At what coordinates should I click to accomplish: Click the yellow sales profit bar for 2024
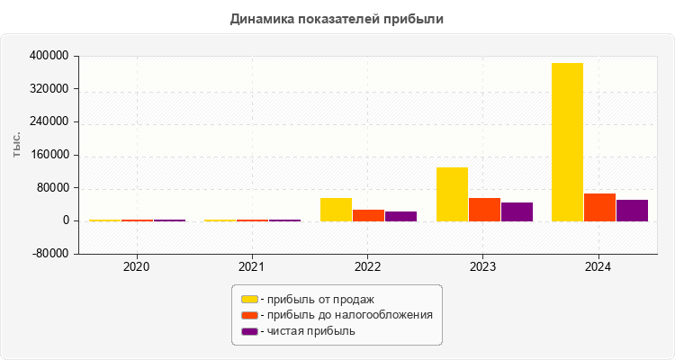coord(567,141)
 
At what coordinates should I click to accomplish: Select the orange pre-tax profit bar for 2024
coord(599,207)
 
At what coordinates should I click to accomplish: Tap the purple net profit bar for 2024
coord(632,210)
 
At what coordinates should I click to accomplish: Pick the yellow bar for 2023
coord(452,193)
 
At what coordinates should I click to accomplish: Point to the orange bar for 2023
coord(484,209)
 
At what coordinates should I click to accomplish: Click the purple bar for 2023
coord(517,211)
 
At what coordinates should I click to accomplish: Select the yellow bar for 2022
coord(337,209)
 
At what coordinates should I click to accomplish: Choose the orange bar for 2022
coord(369,215)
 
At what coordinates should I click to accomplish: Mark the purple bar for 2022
coord(400,216)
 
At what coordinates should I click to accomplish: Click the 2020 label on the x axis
coord(137,267)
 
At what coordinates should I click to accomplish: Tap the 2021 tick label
coord(252,267)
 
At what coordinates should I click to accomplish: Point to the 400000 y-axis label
coord(50,56)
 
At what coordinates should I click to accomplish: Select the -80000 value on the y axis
coord(50,254)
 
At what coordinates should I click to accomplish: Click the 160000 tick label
coord(50,155)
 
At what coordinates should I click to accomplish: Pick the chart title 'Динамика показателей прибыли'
coord(337,18)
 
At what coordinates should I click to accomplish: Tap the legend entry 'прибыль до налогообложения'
coord(346,315)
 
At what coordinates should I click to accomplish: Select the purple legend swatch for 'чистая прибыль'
coord(249,331)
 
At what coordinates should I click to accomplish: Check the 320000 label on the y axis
coord(50,89)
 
